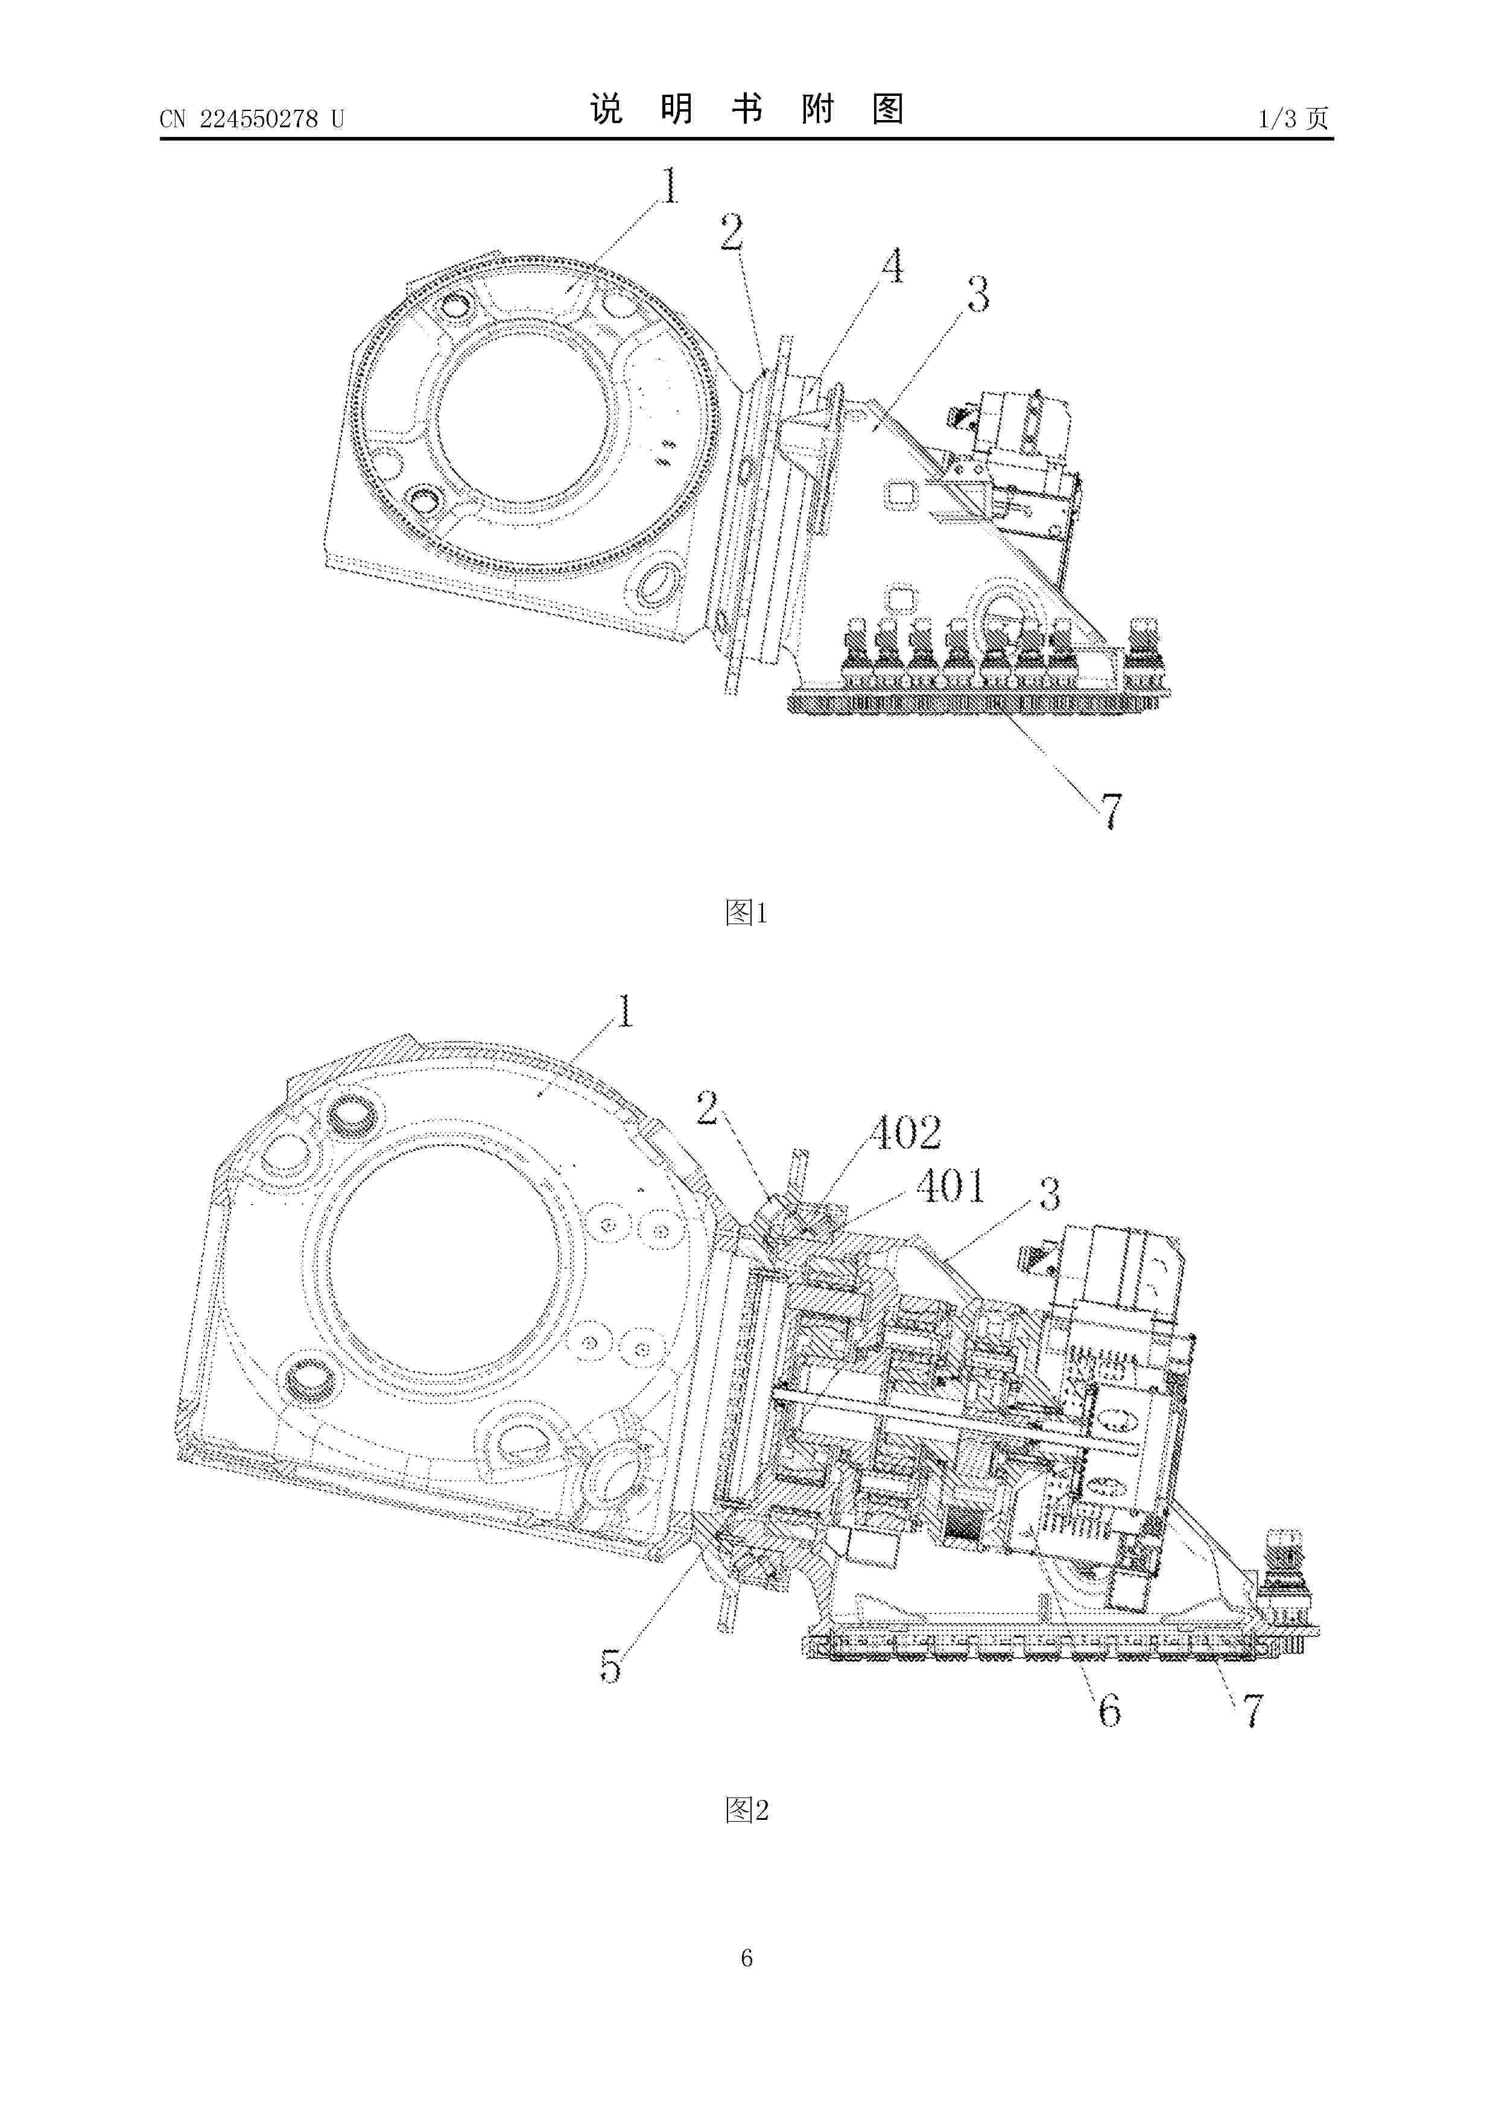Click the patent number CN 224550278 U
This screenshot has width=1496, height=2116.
[252, 119]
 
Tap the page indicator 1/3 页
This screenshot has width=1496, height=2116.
[1293, 118]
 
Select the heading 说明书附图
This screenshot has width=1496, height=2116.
[747, 110]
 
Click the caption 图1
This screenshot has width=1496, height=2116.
[747, 913]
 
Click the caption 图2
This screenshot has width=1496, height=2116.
[747, 1810]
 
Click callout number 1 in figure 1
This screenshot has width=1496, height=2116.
[669, 186]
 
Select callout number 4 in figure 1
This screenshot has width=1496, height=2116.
[892, 267]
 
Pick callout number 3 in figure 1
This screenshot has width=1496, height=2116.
[977, 294]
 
